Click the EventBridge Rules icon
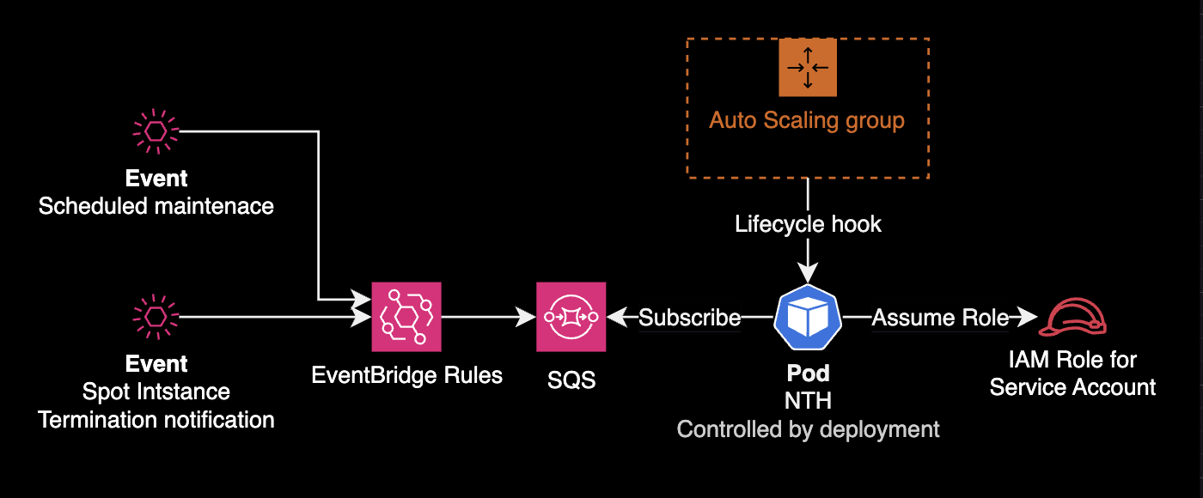click(406, 317)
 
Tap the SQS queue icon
click(571, 317)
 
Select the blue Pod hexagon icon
click(808, 317)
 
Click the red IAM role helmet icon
click(1072, 317)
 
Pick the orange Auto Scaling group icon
click(808, 66)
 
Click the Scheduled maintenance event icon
click(156, 131)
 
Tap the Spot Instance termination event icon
click(156, 317)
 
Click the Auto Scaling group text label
click(807, 119)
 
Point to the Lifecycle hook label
click(808, 225)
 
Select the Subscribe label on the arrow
click(689, 318)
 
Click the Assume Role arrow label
click(940, 318)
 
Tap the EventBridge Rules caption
click(407, 375)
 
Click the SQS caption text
click(571, 379)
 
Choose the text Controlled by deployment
click(808, 428)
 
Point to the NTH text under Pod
click(808, 402)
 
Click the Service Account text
click(1072, 387)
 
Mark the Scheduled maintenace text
click(156, 206)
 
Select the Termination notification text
click(156, 420)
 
